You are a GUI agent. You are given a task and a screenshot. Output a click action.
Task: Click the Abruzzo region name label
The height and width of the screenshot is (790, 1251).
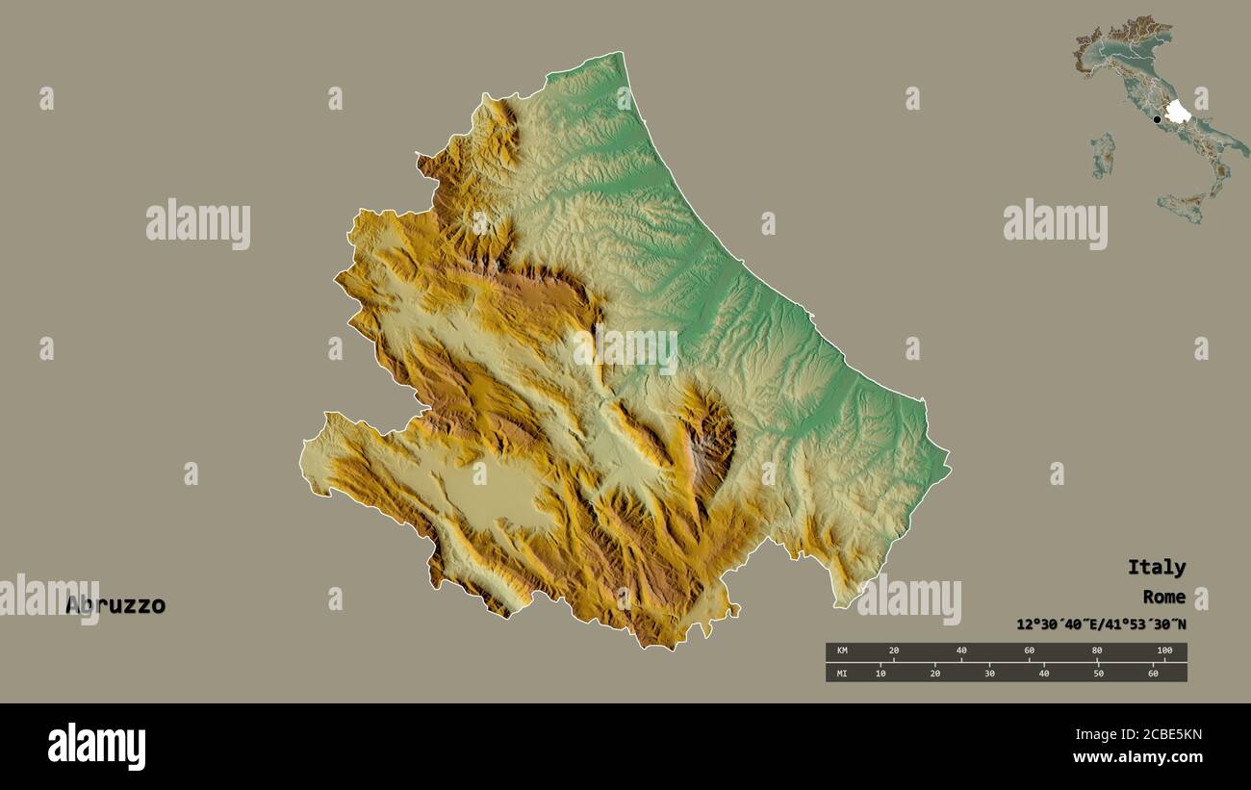tap(115, 605)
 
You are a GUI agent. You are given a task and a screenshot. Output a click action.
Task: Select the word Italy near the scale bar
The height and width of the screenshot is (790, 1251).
tap(1156, 567)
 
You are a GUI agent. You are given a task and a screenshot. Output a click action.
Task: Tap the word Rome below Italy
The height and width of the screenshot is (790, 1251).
tap(1163, 597)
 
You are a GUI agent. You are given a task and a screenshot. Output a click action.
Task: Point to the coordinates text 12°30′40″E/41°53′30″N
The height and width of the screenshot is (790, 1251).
tap(1101, 624)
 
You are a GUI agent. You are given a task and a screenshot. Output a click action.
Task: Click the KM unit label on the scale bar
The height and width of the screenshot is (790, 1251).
tap(842, 651)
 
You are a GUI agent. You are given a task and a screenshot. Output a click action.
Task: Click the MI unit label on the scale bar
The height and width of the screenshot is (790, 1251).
tap(842, 673)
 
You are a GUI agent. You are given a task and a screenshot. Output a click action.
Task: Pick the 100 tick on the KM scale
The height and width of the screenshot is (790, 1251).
tap(1164, 651)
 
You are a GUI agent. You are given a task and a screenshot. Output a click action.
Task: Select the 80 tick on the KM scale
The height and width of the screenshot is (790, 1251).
tap(1097, 651)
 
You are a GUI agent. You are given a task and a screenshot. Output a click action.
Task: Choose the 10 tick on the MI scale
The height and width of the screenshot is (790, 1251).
tap(881, 673)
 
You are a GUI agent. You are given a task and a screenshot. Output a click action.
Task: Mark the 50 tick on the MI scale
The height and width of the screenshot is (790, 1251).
tap(1098, 673)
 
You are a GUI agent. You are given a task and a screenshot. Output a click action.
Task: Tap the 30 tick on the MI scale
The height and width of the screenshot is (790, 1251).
tap(989, 673)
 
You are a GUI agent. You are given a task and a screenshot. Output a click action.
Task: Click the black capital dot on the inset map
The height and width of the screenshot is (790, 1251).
tap(1157, 119)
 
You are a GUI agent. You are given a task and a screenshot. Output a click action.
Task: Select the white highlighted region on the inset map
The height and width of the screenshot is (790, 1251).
tap(1177, 112)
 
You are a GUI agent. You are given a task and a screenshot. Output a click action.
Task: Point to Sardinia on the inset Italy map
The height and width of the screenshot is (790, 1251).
tap(1103, 154)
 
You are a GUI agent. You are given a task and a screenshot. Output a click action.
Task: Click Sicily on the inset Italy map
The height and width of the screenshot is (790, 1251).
tap(1181, 206)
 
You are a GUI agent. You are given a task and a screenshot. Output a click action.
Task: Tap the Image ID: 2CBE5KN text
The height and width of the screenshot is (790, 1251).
tap(1136, 735)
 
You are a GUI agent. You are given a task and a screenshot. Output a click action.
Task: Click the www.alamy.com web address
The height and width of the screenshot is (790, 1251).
tap(1136, 757)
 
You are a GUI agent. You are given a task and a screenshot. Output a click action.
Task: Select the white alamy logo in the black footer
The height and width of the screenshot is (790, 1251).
tap(96, 747)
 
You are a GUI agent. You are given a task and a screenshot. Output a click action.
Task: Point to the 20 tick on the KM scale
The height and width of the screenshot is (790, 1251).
tap(893, 651)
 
